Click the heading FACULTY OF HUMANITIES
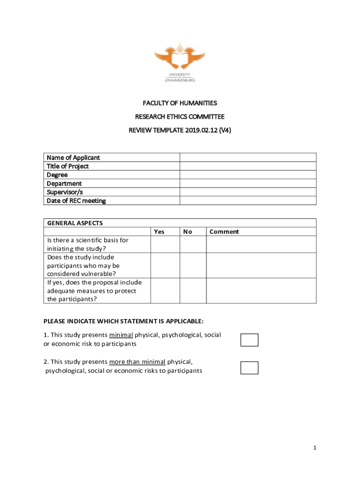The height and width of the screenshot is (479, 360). pos(180,103)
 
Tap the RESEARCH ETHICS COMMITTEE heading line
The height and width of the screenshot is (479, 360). pos(180,116)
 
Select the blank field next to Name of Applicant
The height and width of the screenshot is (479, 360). pos(248,158)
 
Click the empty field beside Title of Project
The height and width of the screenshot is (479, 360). pos(248,166)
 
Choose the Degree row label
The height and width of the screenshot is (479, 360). pos(57,175)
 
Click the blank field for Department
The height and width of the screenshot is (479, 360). pos(248,183)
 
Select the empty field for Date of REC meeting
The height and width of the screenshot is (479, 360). pos(248,201)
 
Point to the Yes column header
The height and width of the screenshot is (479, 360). pos(159,232)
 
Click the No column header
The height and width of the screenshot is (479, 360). pos(187,232)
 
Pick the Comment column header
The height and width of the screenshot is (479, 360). pos(224,232)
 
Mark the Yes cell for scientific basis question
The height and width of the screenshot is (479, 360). pos(165,244)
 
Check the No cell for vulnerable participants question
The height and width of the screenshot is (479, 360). pos(193,266)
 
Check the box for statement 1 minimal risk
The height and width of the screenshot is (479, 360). pos(249,340)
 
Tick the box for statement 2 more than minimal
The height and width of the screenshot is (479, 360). pos(249,368)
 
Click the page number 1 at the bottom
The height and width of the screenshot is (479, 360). pos(315,448)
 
